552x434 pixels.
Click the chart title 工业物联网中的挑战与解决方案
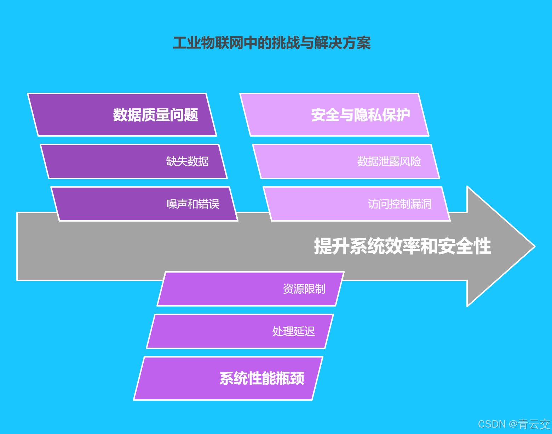(x=272, y=43)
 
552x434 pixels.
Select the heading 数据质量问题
(x=155, y=115)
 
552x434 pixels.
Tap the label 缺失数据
(x=187, y=161)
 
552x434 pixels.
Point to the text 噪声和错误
(x=193, y=204)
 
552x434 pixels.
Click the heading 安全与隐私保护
(x=361, y=115)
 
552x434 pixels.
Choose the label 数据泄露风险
(x=389, y=161)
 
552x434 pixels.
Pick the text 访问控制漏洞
(x=399, y=204)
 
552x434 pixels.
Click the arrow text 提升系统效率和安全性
(x=402, y=246)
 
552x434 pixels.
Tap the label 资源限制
(x=304, y=289)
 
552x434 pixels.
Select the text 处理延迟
(x=293, y=331)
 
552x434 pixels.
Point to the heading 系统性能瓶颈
(x=262, y=378)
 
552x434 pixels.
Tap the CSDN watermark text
(x=491, y=424)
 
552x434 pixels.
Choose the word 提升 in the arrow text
(x=332, y=246)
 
